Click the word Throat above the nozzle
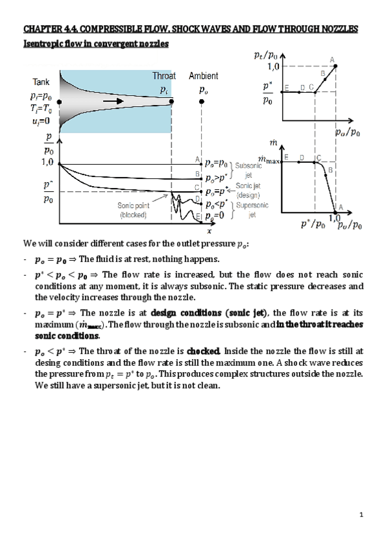click(164, 76)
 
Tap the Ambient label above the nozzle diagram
click(203, 76)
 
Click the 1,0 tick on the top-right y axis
click(273, 66)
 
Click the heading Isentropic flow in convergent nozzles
click(96, 44)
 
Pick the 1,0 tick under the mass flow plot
click(334, 219)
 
